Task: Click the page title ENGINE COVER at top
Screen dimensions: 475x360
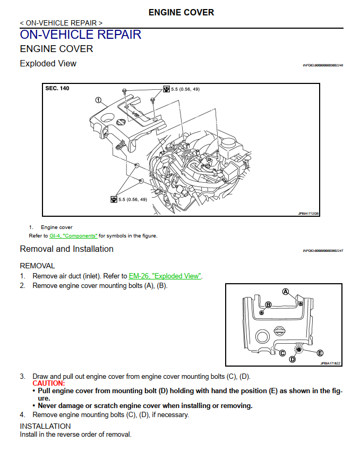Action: [x=181, y=12]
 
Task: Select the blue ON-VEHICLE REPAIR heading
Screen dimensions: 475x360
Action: [x=80, y=35]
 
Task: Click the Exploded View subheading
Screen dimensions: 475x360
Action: [x=48, y=64]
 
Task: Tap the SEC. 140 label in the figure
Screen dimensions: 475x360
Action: [x=57, y=88]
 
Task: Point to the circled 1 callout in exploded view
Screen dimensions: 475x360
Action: [x=98, y=100]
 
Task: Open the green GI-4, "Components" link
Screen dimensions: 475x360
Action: [x=73, y=235]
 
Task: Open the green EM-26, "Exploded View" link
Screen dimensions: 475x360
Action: [x=165, y=276]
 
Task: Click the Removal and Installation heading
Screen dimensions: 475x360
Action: [x=66, y=249]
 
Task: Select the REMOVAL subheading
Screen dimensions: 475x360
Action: [x=37, y=266]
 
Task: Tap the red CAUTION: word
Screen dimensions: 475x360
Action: [x=49, y=383]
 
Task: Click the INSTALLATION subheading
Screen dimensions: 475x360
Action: [x=45, y=426]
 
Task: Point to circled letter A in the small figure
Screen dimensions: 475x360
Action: [x=285, y=292]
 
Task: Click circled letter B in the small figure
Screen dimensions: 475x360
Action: [x=268, y=305]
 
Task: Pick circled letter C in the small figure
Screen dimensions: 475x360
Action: [x=282, y=353]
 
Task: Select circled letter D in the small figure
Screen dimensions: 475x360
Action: [x=292, y=359]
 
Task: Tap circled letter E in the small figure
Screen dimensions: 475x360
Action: [x=320, y=353]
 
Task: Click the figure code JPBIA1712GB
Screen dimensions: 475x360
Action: [x=308, y=214]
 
